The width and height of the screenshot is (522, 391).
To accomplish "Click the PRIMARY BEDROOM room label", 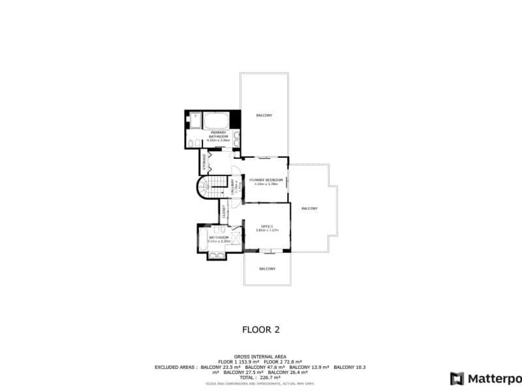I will point(266,179).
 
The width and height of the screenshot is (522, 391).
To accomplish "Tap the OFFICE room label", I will point(266,226).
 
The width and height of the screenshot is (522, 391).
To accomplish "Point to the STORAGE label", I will point(204,163).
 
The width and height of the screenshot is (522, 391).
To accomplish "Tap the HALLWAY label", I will point(233,188).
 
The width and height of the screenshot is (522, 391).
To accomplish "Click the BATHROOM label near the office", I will point(218,237).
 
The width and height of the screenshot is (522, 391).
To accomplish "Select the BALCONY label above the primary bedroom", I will point(264,115).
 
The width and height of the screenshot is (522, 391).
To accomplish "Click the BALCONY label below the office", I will point(267,268).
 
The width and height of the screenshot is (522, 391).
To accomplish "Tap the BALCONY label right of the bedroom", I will point(309,209).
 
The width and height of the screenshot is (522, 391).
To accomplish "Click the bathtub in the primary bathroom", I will point(216,121).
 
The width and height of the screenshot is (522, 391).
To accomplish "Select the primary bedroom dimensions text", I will point(266,184).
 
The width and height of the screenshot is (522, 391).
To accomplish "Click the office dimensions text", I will point(266,230).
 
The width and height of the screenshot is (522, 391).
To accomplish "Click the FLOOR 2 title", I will point(261,330).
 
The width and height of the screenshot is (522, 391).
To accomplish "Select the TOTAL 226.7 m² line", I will point(261,377).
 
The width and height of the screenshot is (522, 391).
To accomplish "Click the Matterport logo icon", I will point(457,378).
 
